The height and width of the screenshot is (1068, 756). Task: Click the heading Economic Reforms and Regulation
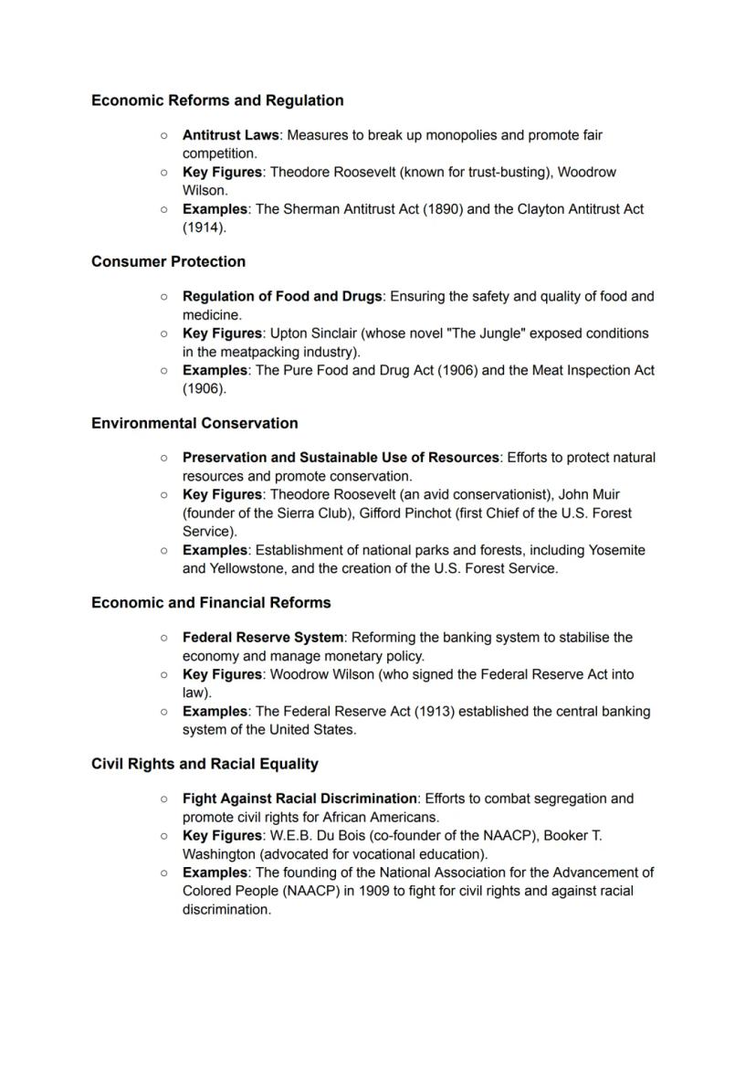(x=217, y=100)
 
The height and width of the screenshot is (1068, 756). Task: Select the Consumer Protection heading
(x=168, y=261)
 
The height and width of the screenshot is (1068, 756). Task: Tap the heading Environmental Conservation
(x=194, y=423)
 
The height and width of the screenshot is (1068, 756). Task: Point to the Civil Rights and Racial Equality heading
(x=205, y=764)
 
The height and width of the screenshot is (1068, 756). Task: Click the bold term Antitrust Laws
(x=230, y=135)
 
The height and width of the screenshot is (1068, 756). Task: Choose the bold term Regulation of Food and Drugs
(x=281, y=297)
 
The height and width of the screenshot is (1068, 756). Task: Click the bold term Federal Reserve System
(x=263, y=638)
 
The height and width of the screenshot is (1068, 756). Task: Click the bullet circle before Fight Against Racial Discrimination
(x=163, y=798)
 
